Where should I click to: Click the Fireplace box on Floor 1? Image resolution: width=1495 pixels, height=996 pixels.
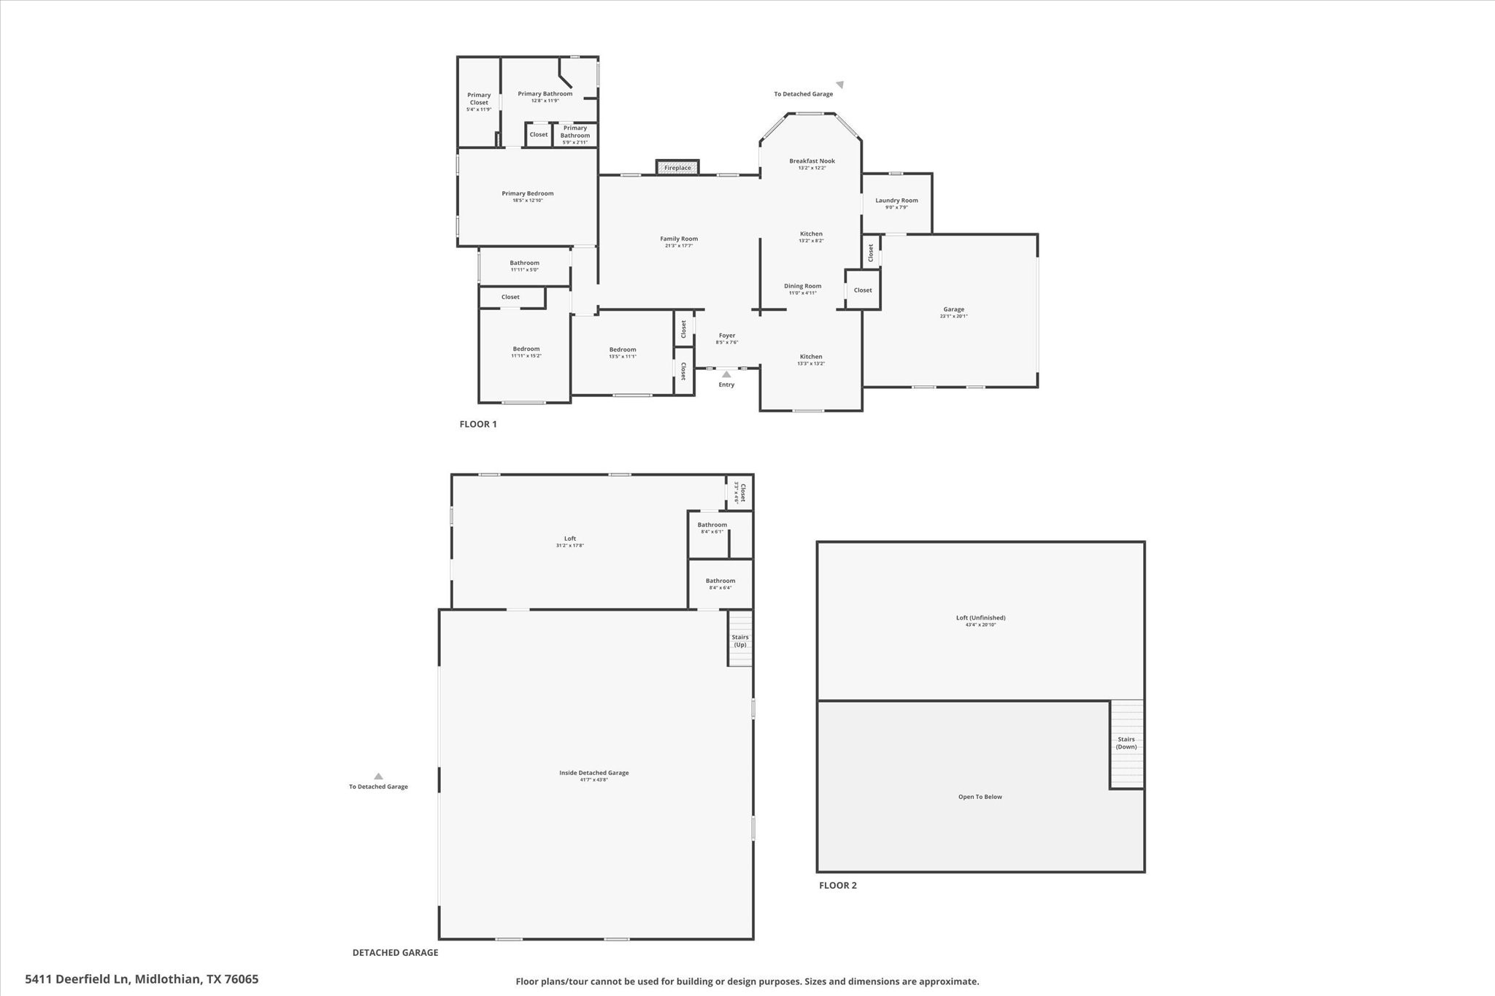677,168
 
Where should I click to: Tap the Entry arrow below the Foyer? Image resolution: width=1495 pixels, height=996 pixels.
726,374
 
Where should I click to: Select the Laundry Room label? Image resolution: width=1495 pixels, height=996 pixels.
896,201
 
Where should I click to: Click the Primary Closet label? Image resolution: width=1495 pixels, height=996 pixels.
479,99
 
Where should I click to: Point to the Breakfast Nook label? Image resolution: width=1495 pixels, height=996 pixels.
812,161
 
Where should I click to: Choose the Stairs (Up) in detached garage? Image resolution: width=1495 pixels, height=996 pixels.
740,640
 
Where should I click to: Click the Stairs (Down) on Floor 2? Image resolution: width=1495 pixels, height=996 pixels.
1126,743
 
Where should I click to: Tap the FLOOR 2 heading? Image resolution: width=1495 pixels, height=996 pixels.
837,885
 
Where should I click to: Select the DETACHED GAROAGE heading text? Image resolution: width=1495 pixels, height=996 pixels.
395,952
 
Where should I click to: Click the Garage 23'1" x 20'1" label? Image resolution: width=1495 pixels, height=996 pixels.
953,312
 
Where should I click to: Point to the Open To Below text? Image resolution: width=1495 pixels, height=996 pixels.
980,797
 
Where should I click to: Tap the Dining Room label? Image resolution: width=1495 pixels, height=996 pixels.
802,286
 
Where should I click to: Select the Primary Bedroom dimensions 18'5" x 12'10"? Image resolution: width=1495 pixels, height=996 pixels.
527,201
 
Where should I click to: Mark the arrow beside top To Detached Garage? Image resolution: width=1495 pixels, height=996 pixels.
840,85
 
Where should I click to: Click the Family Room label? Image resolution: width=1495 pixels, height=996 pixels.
679,239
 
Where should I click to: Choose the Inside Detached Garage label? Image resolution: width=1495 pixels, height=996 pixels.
593,773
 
